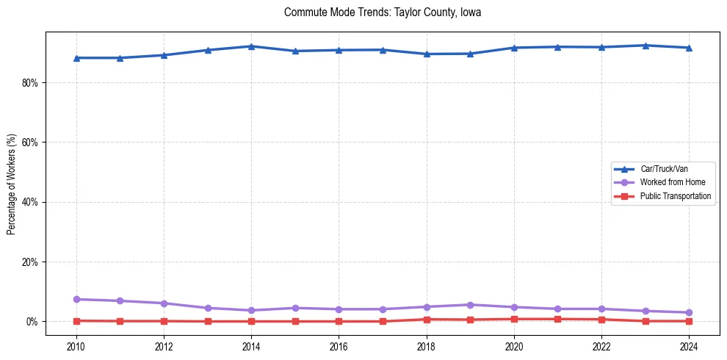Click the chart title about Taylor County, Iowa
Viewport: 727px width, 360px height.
383,12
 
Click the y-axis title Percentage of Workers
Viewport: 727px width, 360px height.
11,184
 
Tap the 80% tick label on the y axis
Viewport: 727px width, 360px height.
29,83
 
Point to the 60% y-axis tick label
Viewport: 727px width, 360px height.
29,143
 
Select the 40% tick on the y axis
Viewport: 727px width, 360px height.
29,202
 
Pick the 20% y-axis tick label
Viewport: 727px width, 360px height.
29,262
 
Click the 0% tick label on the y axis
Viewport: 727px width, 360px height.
32,322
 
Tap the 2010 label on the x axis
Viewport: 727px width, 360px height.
76,346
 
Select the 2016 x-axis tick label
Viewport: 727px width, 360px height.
339,346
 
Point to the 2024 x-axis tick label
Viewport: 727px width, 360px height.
689,346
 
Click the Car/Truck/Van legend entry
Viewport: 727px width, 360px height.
664,169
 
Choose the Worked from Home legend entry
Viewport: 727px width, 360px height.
672,182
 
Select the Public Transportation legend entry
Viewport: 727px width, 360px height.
675,196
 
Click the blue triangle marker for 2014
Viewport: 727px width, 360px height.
251,46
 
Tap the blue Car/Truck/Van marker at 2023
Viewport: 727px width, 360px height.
645,46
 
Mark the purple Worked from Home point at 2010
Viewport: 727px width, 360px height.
76,299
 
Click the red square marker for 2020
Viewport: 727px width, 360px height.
514,319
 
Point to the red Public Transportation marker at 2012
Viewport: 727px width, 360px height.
164,321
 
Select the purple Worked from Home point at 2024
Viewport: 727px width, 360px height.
689,312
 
